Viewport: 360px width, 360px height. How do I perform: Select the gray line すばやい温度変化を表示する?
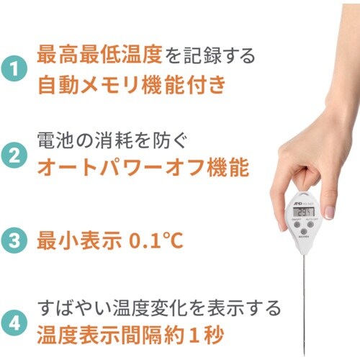158,307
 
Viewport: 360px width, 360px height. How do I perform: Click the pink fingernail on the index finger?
328,212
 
